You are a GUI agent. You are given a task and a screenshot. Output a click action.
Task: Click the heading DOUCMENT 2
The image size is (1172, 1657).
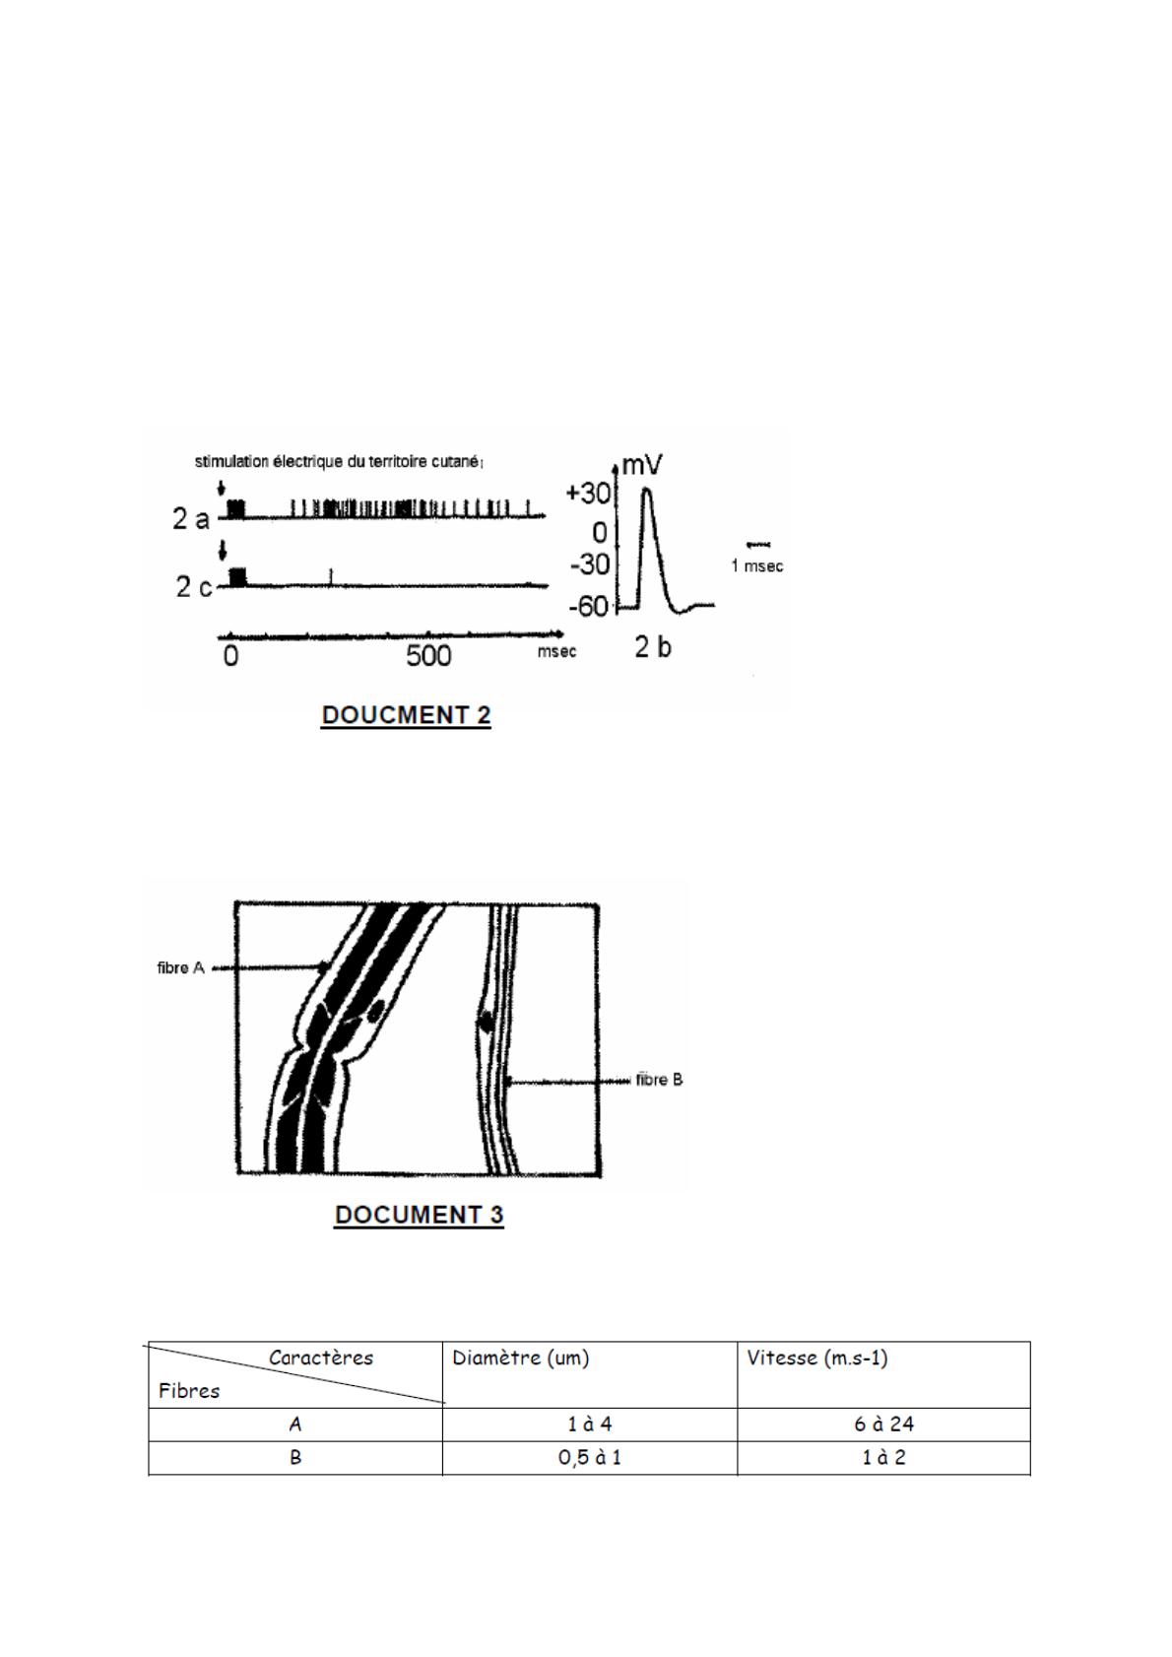[406, 715]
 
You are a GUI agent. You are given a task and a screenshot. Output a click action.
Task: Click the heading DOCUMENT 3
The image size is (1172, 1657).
[419, 1215]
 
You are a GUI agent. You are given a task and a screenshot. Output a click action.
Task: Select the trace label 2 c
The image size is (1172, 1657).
[193, 586]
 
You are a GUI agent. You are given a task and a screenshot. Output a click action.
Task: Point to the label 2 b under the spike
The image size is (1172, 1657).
[653, 647]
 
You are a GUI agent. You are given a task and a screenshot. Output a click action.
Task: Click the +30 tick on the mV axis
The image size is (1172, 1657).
[589, 494]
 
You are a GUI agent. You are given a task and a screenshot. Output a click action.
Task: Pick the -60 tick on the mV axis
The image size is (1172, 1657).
[589, 607]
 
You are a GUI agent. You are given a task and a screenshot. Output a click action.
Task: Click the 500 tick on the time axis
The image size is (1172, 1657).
[428, 655]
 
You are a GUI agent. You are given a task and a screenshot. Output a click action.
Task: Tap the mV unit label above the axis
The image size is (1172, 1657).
[642, 466]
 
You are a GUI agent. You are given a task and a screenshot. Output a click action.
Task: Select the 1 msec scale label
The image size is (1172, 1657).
[756, 565]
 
